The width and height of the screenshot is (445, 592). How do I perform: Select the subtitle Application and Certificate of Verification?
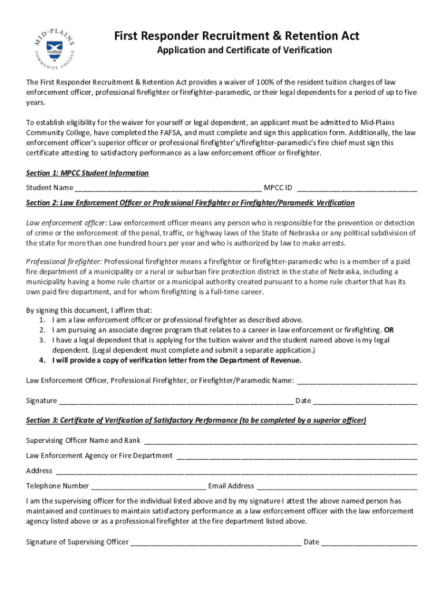tap(244, 50)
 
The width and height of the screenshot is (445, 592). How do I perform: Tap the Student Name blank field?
tap(168, 188)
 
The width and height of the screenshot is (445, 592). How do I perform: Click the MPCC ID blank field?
tap(357, 188)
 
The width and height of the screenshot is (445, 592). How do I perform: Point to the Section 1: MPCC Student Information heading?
tap(87, 173)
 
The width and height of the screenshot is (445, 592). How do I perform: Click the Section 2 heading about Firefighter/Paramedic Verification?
tap(190, 203)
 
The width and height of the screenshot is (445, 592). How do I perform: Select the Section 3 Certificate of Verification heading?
tap(196, 420)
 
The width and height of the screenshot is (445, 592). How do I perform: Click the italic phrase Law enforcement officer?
tap(66, 223)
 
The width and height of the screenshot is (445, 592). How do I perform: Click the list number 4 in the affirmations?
tap(42, 360)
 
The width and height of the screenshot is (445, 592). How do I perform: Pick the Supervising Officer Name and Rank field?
tap(280, 441)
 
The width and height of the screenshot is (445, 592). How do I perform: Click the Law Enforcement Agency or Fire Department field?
tap(296, 456)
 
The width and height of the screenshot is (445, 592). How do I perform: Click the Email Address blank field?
tap(336, 486)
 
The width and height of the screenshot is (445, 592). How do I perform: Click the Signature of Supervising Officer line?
tap(216, 542)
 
